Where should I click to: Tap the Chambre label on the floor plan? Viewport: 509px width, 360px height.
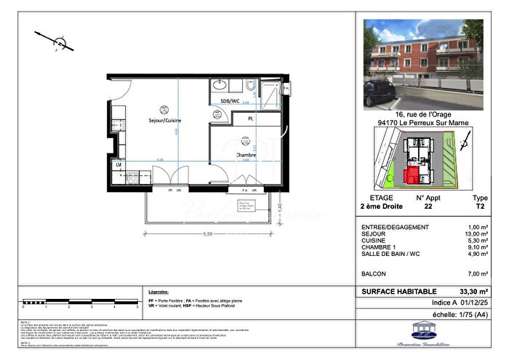point(245,155)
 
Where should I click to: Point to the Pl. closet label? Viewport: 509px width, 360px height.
point(250,118)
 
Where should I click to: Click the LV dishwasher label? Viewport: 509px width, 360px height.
point(119,165)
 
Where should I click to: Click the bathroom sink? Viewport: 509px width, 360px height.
point(221,85)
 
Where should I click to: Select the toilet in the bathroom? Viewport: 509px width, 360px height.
point(249,91)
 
